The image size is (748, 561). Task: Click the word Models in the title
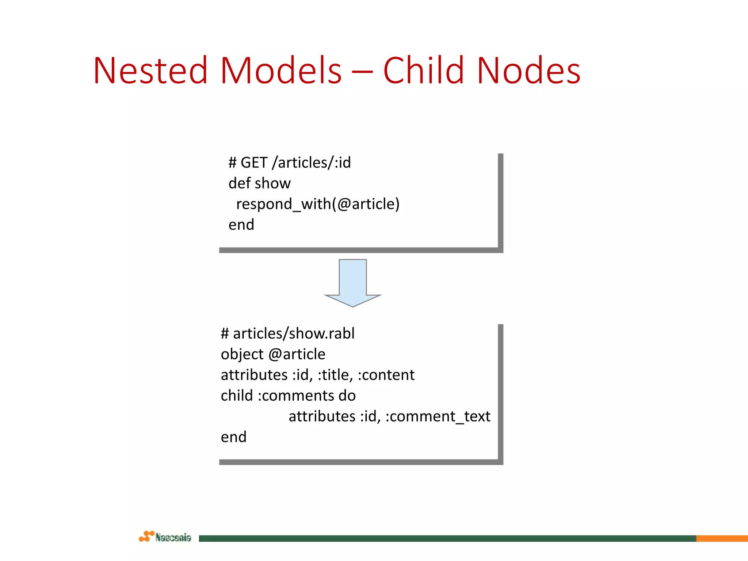(281, 70)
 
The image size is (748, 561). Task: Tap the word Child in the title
(424, 70)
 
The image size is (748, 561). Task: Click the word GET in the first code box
(254, 163)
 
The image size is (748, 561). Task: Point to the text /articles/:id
(312, 163)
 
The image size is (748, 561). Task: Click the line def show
(259, 183)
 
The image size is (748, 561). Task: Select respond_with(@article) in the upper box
(318, 204)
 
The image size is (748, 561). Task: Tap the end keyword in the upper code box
(241, 225)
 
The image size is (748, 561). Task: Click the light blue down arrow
(353, 281)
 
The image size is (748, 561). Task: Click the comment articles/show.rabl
(294, 334)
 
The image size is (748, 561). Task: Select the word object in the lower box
(242, 355)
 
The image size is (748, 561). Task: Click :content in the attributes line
(386, 375)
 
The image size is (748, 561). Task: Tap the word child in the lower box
(237, 396)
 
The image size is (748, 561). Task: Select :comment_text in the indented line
(438, 417)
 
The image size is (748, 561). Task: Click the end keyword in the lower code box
(234, 437)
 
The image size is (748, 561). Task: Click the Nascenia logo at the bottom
(165, 537)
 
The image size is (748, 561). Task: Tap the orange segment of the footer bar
(722, 538)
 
